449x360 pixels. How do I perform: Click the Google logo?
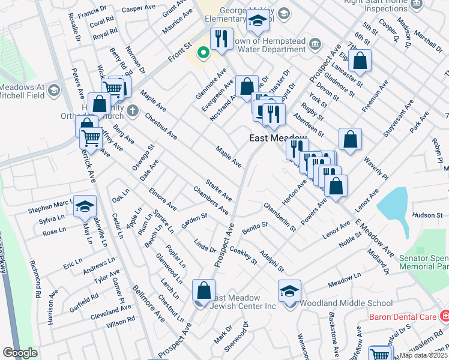[x=20, y=353]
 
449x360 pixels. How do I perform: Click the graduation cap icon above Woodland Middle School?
[x=289, y=292]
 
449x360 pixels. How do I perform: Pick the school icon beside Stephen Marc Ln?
[x=85, y=206]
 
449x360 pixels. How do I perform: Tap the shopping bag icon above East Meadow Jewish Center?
[x=203, y=290]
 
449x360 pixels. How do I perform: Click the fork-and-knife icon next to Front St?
[x=221, y=39]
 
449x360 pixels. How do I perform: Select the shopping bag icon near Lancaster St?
[x=360, y=61]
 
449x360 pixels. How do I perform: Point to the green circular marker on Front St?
[x=203, y=53]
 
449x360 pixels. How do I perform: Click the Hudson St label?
[x=427, y=215]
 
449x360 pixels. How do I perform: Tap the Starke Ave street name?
[x=218, y=190]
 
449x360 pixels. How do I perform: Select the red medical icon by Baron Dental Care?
[x=444, y=315]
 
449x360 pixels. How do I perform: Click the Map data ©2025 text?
[x=424, y=355]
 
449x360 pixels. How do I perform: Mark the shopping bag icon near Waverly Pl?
[x=350, y=139]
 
